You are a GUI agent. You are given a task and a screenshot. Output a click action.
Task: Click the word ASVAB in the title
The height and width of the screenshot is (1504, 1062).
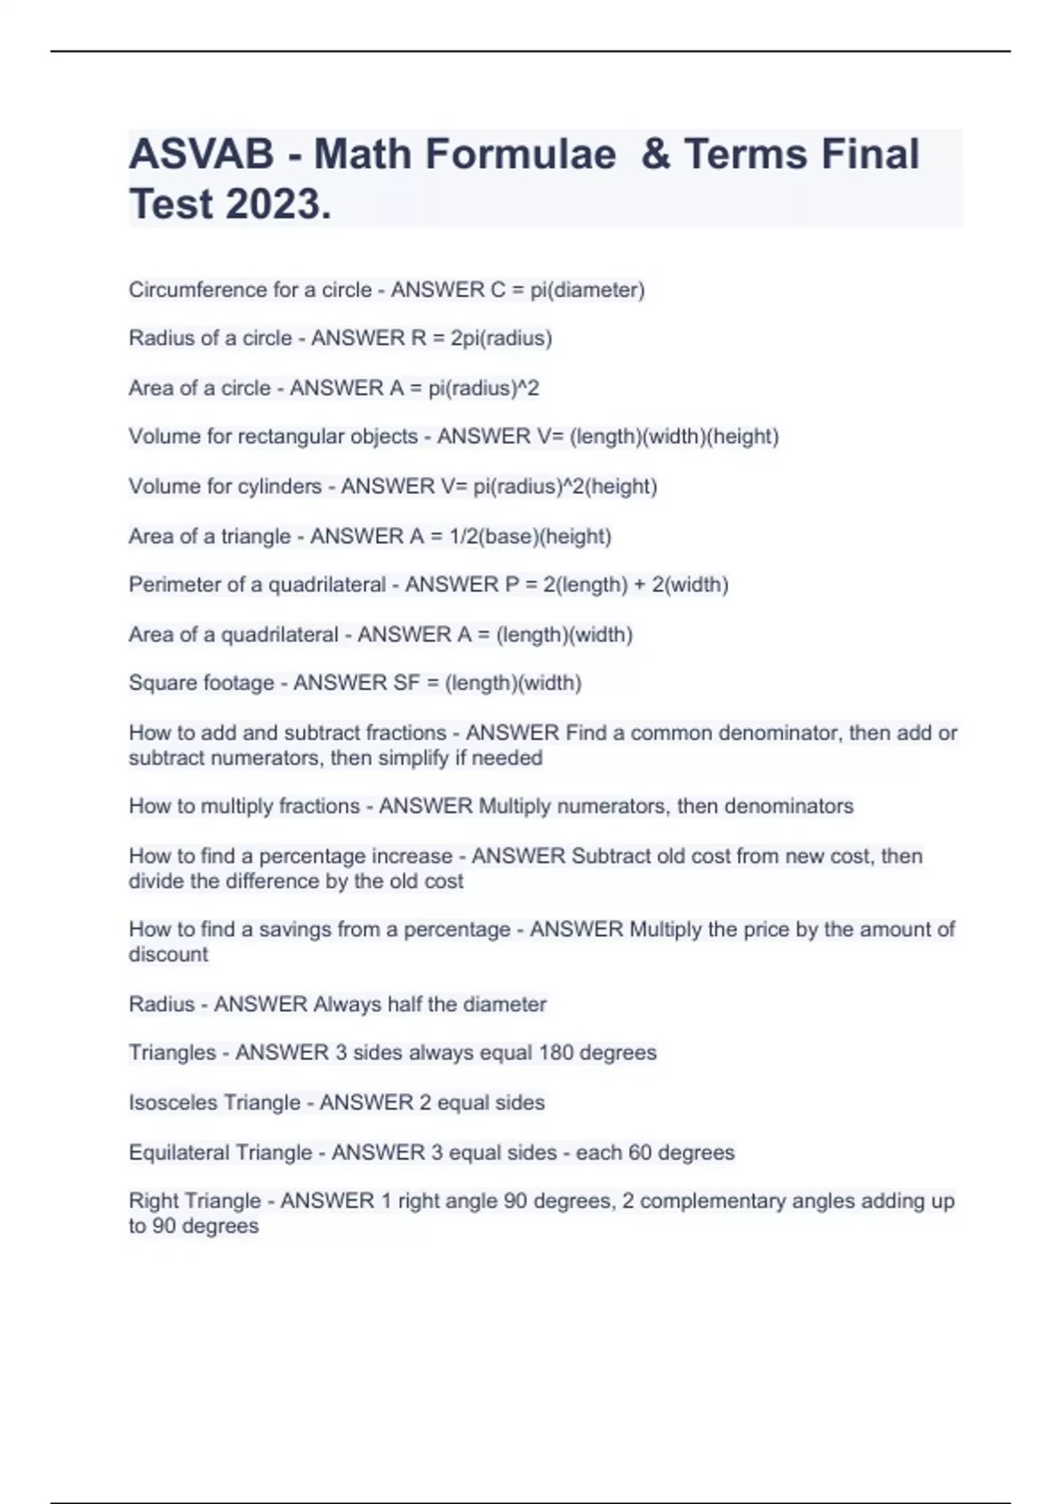(x=201, y=154)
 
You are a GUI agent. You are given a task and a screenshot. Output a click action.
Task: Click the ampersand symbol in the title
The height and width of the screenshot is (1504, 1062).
(x=656, y=154)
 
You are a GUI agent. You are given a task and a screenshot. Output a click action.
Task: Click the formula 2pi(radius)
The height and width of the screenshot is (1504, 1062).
(x=501, y=338)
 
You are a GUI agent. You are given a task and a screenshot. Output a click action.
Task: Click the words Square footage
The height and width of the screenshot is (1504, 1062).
(x=201, y=683)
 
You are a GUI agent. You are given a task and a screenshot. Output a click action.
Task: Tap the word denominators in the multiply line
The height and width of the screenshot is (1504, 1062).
(x=789, y=806)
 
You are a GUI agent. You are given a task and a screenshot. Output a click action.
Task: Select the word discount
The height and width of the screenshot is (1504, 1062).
(x=168, y=955)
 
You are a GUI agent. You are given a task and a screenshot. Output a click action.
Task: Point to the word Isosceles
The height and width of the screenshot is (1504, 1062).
(x=173, y=1102)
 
